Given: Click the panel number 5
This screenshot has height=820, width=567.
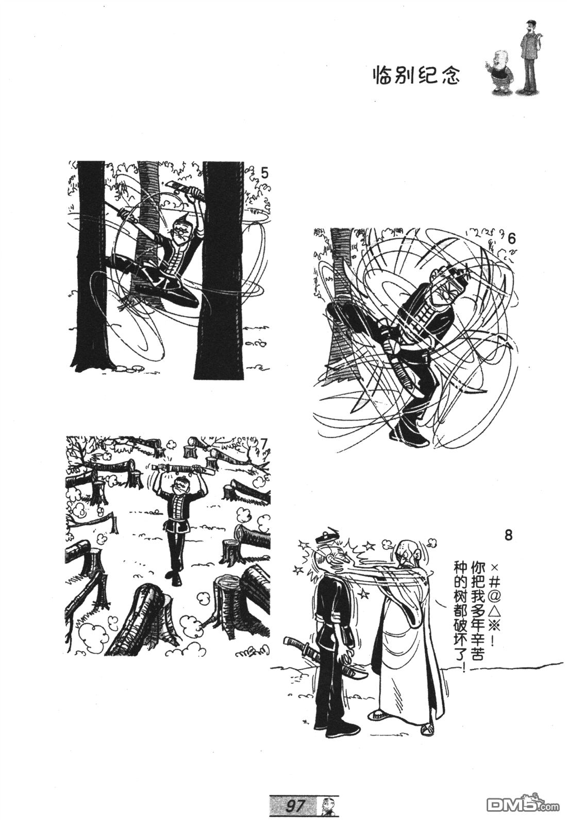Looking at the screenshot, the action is (264, 172).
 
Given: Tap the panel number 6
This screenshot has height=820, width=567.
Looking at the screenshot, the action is (512, 239).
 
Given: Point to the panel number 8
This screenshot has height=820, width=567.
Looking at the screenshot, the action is (508, 535).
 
